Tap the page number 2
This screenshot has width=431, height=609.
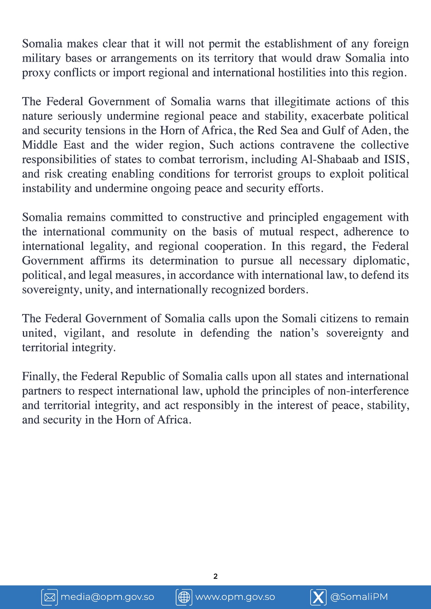pyautogui.click(x=215, y=576)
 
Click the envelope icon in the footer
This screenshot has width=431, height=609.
pyautogui.click(x=50, y=597)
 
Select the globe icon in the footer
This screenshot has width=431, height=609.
pyautogui.click(x=184, y=597)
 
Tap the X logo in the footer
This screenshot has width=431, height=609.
pyautogui.click(x=318, y=597)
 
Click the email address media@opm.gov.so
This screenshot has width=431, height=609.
pyautogui.click(x=107, y=597)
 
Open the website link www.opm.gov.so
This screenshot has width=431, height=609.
pyautogui.click(x=235, y=597)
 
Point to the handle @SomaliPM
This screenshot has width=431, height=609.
pyautogui.click(x=359, y=597)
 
